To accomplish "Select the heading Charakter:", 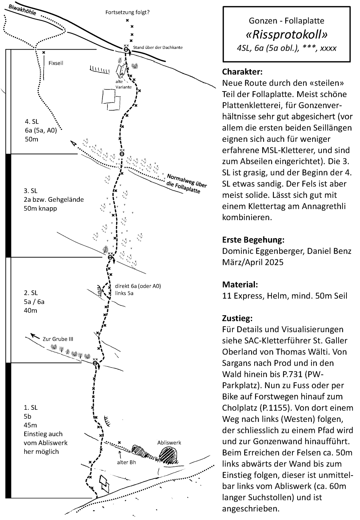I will click(x=242, y=72).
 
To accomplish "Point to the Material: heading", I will click(x=240, y=285).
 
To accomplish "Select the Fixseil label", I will click(x=56, y=63).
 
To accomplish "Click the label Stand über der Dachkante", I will click(x=158, y=47).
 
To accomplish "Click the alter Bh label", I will click(x=126, y=462).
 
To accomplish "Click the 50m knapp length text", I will click(x=41, y=208).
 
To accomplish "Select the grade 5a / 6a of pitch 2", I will click(x=34, y=302).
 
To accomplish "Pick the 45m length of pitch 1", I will click(x=30, y=425).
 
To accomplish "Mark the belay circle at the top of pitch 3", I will click(x=122, y=154).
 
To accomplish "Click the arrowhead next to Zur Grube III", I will click(x=33, y=335).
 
